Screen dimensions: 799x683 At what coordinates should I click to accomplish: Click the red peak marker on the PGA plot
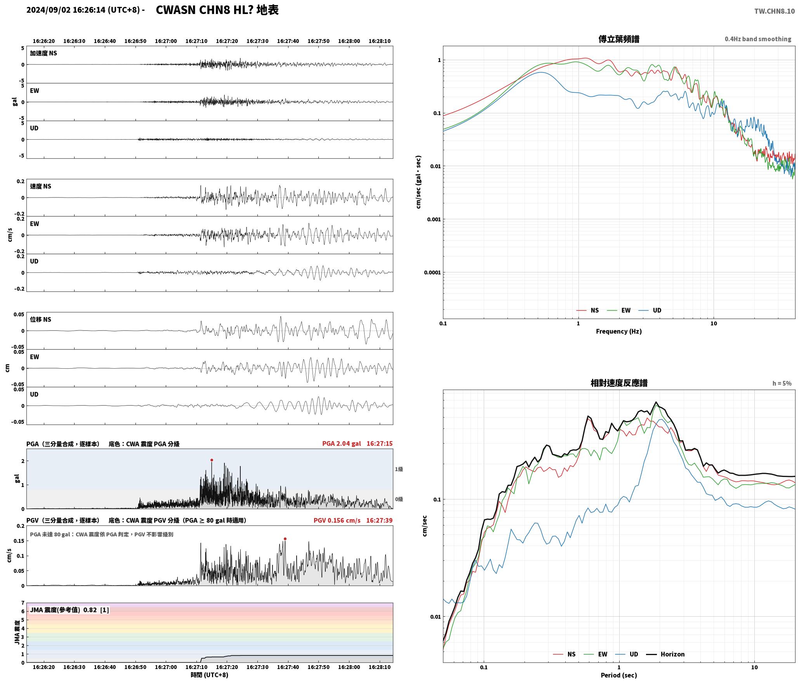(212, 460)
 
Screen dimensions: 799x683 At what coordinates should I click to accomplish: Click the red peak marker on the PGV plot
(285, 539)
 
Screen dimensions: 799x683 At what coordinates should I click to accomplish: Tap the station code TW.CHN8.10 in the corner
(774, 11)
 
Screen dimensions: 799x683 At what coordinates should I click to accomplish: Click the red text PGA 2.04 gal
(341, 443)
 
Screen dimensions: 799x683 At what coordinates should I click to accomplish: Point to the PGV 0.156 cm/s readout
(337, 520)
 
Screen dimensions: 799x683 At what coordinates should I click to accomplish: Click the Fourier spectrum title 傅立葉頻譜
(619, 39)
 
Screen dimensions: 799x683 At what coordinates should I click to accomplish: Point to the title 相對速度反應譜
(619, 383)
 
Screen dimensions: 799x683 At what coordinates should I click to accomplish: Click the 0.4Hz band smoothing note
(758, 39)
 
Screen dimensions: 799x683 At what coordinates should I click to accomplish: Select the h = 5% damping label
(782, 383)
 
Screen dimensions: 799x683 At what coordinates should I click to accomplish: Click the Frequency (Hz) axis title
(619, 331)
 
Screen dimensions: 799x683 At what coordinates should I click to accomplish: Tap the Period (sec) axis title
(619, 675)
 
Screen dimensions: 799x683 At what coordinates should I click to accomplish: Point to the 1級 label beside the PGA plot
(399, 469)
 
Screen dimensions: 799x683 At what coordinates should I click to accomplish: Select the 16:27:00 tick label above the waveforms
(166, 41)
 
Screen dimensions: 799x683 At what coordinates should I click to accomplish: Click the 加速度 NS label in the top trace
(43, 53)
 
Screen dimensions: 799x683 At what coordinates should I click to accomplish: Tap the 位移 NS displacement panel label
(40, 319)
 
